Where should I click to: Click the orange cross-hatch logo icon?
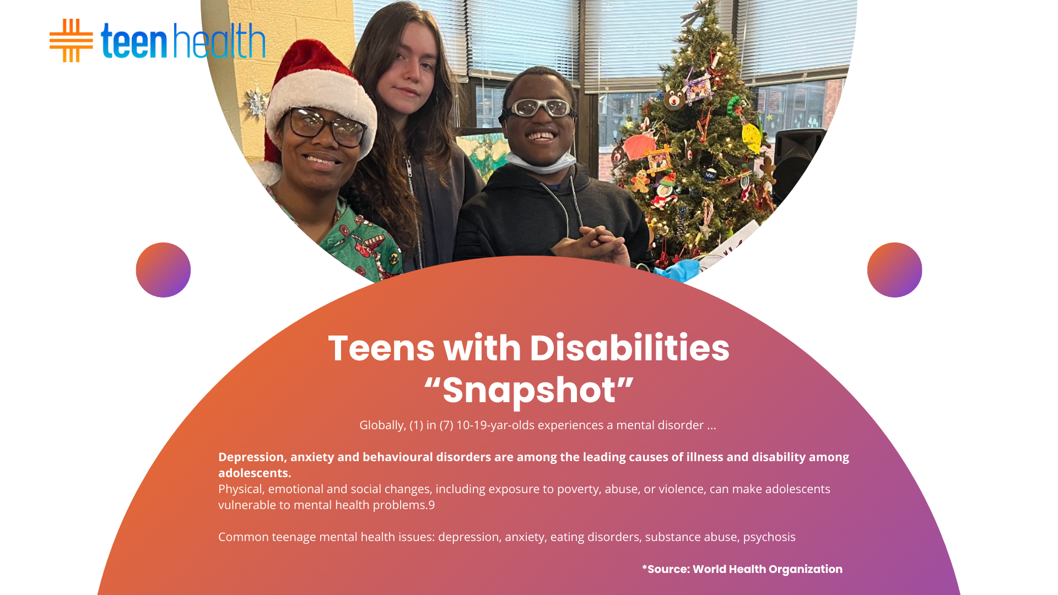pos(71,40)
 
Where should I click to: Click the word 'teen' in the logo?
pos(134,41)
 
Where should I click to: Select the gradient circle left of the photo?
pos(163,270)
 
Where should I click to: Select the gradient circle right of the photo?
pos(894,270)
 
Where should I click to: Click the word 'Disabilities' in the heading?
pos(629,348)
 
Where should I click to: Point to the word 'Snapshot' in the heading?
pos(529,391)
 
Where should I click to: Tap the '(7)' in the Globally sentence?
pos(446,425)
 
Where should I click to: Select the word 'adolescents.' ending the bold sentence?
pos(255,473)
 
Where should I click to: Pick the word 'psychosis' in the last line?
pos(769,537)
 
